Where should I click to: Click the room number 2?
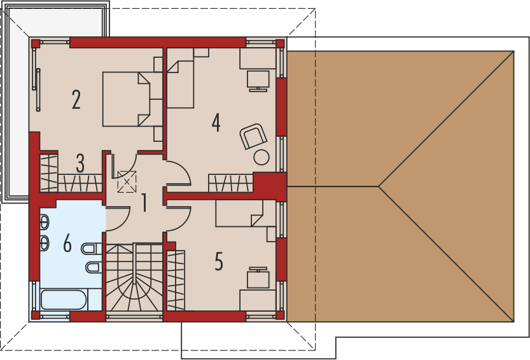[x=76, y=100]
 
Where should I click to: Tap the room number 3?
[x=80, y=163]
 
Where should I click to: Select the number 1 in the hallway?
[x=144, y=203]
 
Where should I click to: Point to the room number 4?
[x=216, y=123]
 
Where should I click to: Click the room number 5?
[x=219, y=261]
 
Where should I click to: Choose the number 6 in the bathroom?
[x=67, y=244]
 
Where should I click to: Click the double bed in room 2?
[x=127, y=99]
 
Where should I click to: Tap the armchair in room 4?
[x=253, y=135]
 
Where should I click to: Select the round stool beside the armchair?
[x=262, y=156]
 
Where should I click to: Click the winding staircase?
[x=134, y=280]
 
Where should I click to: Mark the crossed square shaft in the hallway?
[x=127, y=183]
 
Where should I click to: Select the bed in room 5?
[x=239, y=214]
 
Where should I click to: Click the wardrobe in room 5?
[x=176, y=280]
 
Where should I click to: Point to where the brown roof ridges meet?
[x=379, y=186]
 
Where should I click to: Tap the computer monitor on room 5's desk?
[x=258, y=279]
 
